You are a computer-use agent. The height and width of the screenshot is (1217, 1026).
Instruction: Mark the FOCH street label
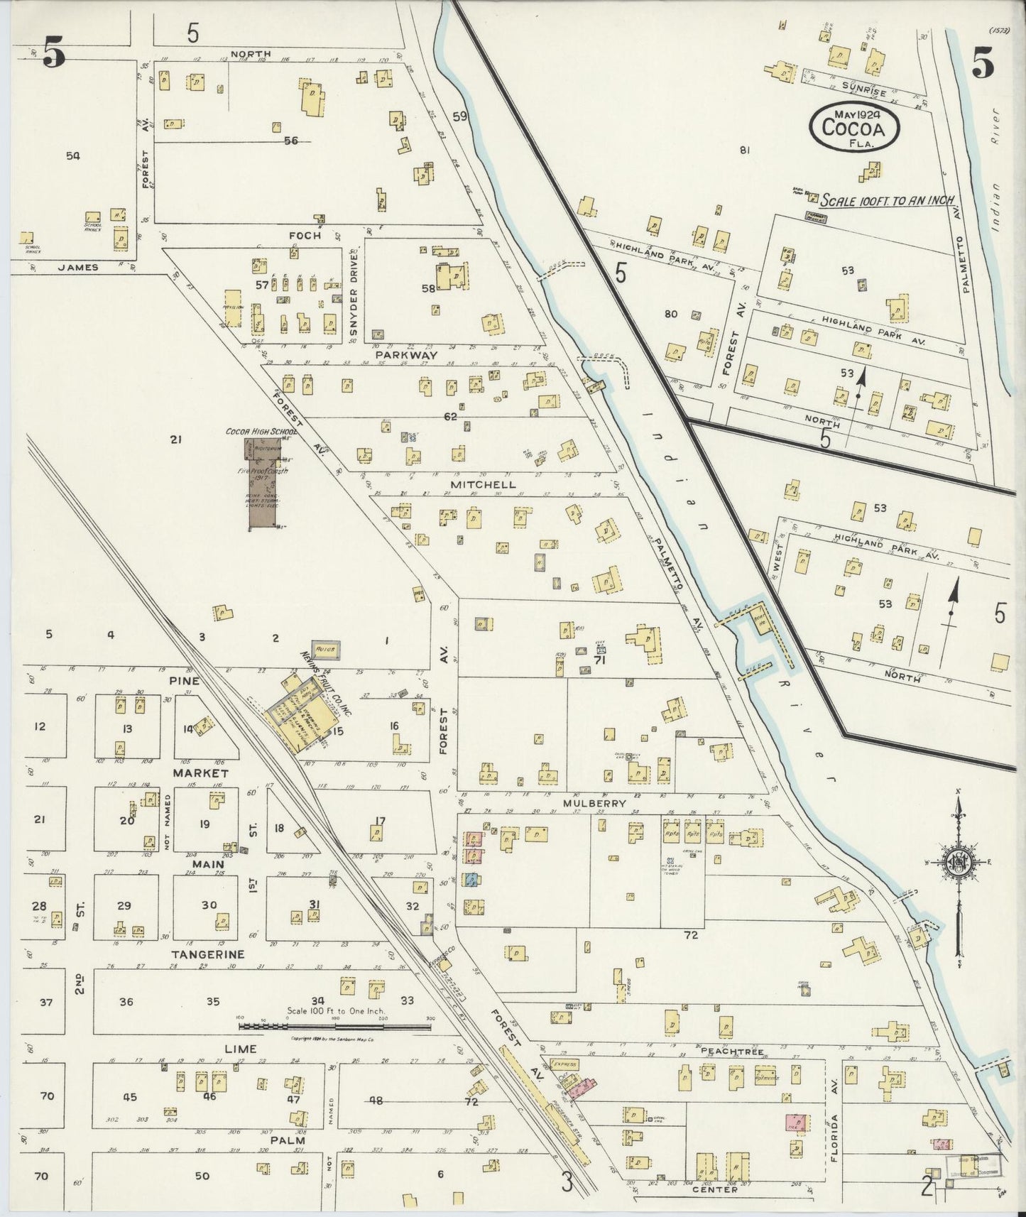click(x=305, y=235)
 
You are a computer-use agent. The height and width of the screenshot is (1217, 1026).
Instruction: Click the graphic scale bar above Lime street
click(x=334, y=1025)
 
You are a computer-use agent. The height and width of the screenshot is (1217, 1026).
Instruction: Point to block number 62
click(x=450, y=416)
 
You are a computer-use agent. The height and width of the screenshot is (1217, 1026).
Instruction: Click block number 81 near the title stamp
click(x=744, y=150)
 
